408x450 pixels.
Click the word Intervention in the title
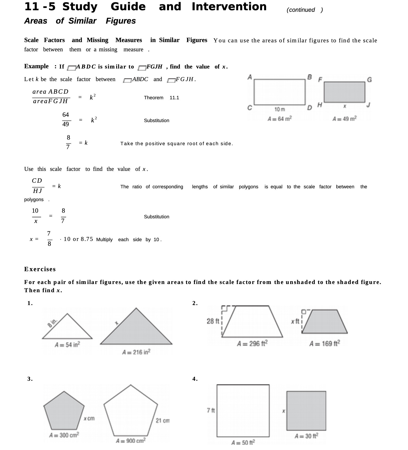pos(229,7)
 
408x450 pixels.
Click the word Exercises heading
pos(40,269)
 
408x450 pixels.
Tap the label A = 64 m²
pos(280,119)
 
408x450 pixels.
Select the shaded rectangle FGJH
pos(344,92)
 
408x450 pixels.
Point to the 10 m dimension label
pos(280,109)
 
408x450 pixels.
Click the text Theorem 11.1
pos(161,98)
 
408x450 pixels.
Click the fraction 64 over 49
pos(66,120)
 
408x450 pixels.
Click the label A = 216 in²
pos(136,352)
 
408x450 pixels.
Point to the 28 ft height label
pos(213,321)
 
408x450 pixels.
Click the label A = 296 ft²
pos(252,343)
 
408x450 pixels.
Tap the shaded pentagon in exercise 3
pos(64,412)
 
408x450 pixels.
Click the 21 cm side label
pos(162,420)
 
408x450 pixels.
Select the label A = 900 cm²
pos(131,441)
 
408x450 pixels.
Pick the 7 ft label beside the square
pos(211,410)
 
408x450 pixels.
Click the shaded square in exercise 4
pos(306,411)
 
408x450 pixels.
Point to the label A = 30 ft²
pos(306,436)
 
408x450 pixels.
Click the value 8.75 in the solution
pos(87,239)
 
